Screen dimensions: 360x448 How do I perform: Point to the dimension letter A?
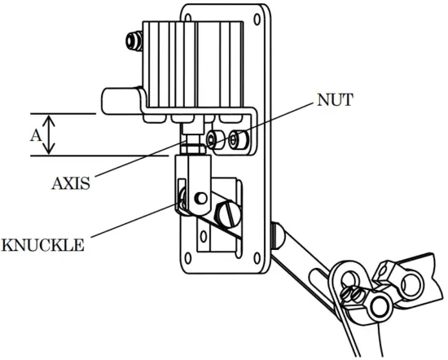35,135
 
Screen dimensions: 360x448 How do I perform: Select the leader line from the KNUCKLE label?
130,222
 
